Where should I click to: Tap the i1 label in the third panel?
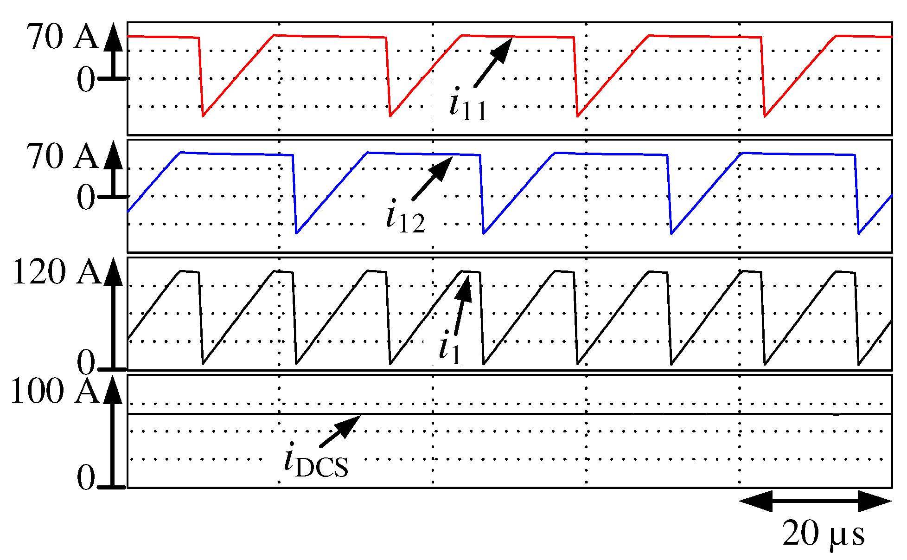click(450, 349)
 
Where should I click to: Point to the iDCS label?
click(316, 461)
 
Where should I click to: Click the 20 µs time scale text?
click(823, 534)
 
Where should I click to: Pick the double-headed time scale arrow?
click(815, 501)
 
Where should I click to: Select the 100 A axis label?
click(55, 391)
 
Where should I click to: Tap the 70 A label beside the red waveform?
click(62, 37)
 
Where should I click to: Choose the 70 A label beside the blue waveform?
click(62, 156)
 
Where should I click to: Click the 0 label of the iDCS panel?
click(86, 478)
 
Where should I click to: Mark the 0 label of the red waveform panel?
click(86, 80)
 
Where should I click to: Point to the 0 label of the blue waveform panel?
click(86, 198)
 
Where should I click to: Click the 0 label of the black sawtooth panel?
click(86, 363)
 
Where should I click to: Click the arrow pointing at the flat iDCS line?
click(340, 431)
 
